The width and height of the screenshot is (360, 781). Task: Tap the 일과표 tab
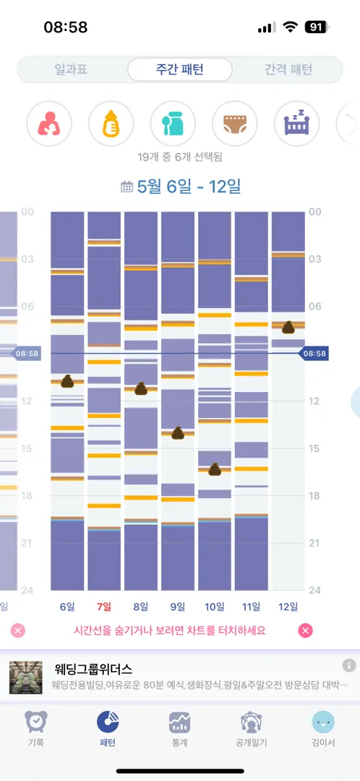click(x=71, y=69)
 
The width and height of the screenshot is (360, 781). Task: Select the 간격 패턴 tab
click(x=288, y=69)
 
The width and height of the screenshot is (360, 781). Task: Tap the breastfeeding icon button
click(x=49, y=124)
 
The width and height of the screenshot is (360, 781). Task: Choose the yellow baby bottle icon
click(x=111, y=124)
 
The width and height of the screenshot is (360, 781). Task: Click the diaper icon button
click(x=235, y=124)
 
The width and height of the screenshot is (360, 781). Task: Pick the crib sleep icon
click(x=297, y=124)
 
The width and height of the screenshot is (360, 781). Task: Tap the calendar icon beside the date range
click(x=127, y=187)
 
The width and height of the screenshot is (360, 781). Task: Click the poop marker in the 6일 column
click(x=68, y=382)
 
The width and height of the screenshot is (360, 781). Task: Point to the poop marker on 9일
click(x=179, y=433)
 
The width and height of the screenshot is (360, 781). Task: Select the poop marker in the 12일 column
click(x=288, y=328)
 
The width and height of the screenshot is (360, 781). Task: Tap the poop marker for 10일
click(x=215, y=469)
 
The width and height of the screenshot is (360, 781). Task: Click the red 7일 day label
click(x=104, y=607)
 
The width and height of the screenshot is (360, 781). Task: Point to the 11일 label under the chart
click(x=252, y=607)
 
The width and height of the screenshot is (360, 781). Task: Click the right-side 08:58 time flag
click(x=313, y=354)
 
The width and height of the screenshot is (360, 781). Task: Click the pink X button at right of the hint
click(x=305, y=631)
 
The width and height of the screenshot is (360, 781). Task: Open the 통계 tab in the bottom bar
click(x=179, y=728)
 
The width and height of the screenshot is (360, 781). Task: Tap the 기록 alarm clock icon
click(x=36, y=722)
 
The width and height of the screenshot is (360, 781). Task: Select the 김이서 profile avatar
click(x=323, y=722)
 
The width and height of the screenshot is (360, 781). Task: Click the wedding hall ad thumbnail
click(x=26, y=678)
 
